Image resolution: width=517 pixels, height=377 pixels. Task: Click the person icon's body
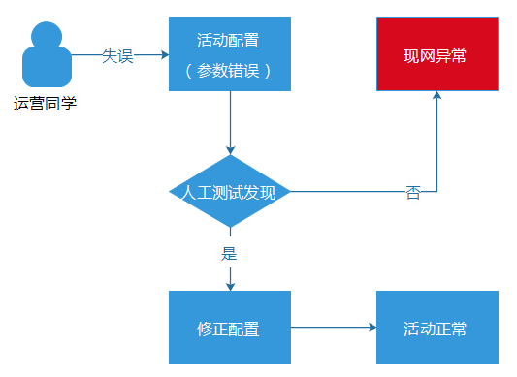click(45, 73)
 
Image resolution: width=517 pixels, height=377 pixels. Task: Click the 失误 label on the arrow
click(117, 55)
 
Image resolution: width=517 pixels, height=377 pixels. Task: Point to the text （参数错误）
click(229, 71)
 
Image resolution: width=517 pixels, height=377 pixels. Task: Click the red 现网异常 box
click(436, 54)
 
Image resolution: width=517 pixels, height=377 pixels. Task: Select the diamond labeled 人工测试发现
click(230, 191)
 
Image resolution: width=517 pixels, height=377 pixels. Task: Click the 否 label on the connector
click(413, 192)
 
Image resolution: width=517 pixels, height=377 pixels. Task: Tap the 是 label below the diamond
click(230, 255)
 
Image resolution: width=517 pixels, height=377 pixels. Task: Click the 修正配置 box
click(230, 329)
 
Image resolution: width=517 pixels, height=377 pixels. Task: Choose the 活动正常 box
click(436, 329)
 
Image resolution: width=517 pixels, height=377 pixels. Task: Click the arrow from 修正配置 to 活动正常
click(330, 329)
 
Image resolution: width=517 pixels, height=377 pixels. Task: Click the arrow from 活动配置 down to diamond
click(230, 120)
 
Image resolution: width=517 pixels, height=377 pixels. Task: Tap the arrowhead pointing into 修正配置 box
click(230, 285)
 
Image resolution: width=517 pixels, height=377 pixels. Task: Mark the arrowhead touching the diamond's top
click(230, 148)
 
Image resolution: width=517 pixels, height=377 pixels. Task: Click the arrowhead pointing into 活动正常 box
click(371, 329)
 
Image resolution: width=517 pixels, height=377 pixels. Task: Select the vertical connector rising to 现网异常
click(436, 145)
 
